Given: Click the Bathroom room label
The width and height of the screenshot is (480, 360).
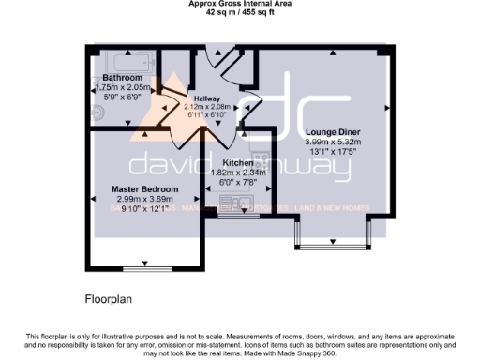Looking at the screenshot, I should [122, 77].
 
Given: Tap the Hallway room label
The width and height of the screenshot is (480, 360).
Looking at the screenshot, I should [206, 98].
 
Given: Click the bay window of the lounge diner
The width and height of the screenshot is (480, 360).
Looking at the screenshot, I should [335, 246].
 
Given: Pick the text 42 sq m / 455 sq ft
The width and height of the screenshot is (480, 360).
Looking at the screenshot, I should [239, 13].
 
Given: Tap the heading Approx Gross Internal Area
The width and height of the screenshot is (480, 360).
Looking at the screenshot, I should [239, 5].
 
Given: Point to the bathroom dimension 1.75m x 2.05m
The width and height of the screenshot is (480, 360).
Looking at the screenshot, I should [122, 87].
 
